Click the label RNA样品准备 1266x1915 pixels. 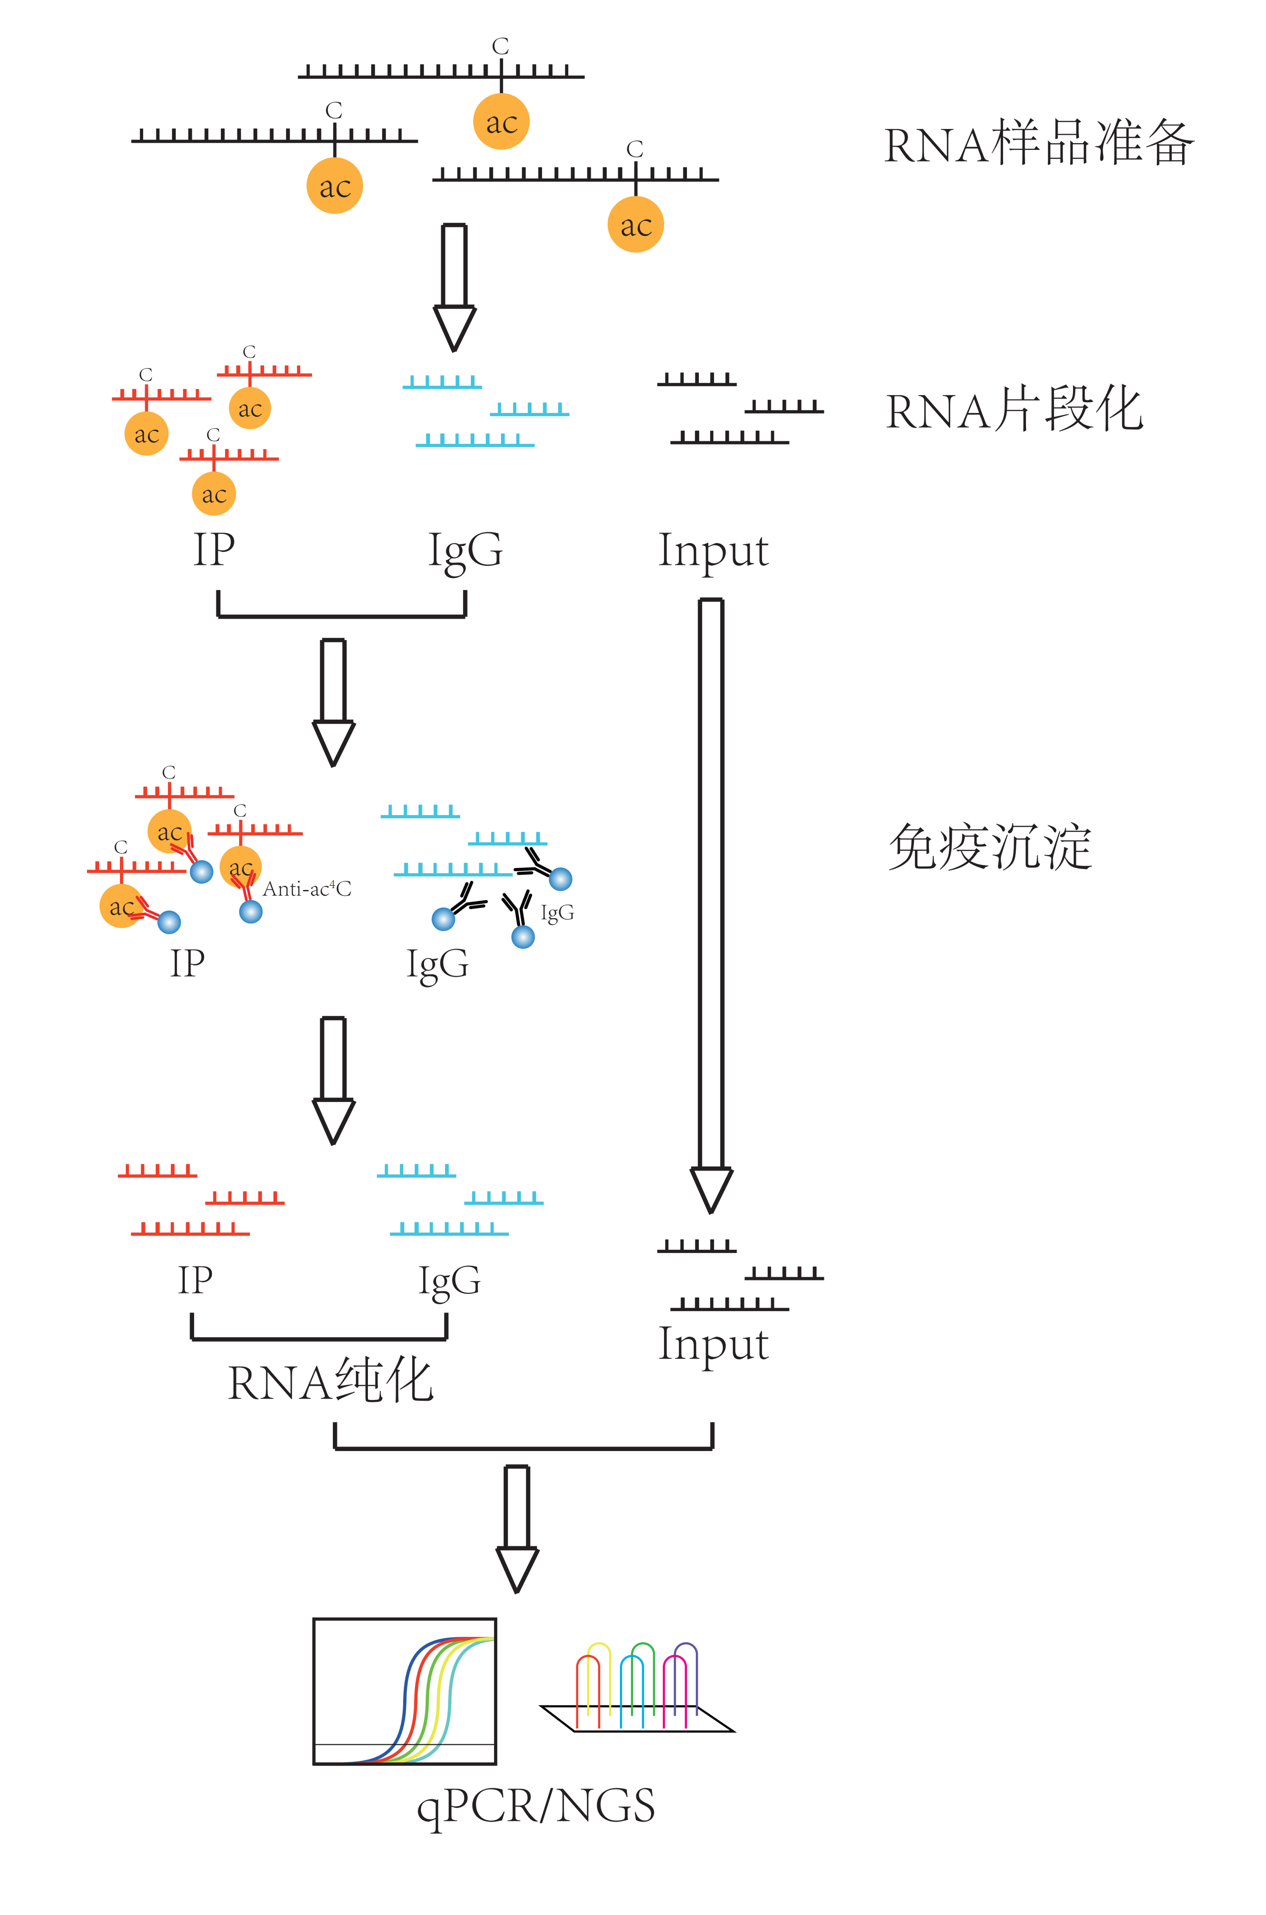[1038, 144]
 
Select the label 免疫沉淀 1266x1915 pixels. [990, 848]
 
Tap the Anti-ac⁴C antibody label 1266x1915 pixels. [307, 889]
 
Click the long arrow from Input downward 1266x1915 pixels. [710, 904]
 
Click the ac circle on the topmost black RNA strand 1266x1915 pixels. [500, 122]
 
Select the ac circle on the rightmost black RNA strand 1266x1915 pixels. [636, 225]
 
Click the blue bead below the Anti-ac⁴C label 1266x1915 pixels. [251, 912]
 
